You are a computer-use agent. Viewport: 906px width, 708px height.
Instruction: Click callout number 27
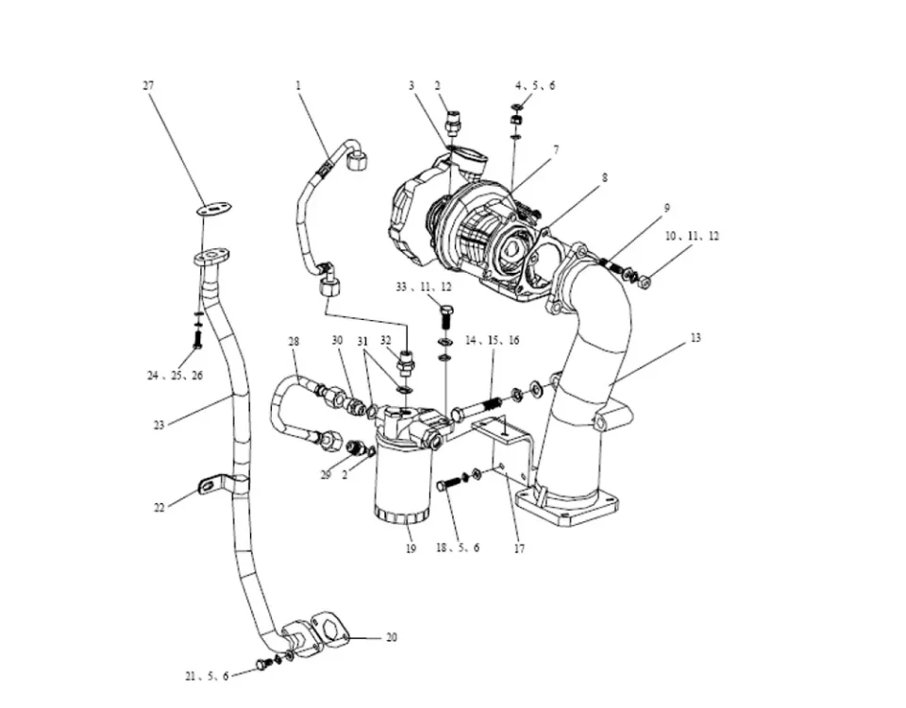[x=148, y=86]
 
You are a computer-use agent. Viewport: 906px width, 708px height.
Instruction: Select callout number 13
[x=696, y=337]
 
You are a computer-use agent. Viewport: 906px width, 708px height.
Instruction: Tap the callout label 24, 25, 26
[x=175, y=376]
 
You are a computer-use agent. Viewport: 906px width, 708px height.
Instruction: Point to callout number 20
[x=391, y=638]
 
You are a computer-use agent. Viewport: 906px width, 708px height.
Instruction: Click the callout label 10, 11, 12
[x=692, y=236]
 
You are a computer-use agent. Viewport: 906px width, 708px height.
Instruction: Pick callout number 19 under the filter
[x=411, y=548]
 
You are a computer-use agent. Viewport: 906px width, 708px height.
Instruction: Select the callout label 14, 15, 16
[x=493, y=340]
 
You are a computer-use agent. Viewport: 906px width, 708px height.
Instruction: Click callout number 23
[x=159, y=425]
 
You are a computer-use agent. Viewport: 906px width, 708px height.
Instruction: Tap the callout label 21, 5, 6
[x=207, y=676]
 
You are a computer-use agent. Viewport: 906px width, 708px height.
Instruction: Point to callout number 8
[x=604, y=177]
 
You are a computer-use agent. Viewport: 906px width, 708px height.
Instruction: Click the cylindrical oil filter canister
[x=403, y=481]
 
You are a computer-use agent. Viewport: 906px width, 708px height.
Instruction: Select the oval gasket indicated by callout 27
[x=216, y=210]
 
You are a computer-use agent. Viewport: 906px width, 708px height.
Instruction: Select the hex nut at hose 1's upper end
[x=357, y=161]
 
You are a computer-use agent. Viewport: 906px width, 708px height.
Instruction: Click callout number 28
[x=294, y=341]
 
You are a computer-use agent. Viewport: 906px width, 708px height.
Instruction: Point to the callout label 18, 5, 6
[x=457, y=548]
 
